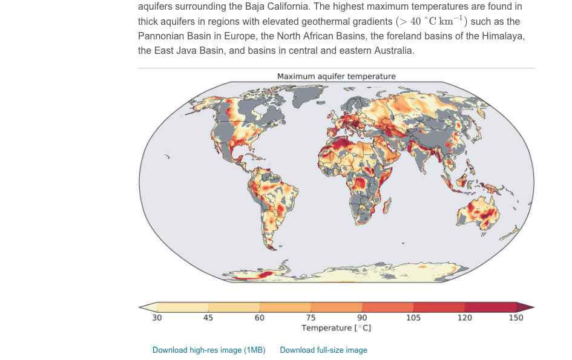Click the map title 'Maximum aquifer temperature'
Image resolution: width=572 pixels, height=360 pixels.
[x=336, y=76]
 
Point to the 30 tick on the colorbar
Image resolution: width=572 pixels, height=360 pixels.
[x=157, y=318]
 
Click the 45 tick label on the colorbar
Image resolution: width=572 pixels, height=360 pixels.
[x=208, y=318]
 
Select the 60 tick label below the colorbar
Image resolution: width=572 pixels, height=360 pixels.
[x=259, y=318]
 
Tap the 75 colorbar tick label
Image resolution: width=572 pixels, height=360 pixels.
[x=311, y=318]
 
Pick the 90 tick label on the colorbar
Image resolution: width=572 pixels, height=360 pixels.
[x=362, y=318]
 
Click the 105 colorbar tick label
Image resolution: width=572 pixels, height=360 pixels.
[x=413, y=318]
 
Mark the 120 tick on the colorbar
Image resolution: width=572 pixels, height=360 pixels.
[x=464, y=318]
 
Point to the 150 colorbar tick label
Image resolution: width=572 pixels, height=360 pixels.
[x=516, y=318]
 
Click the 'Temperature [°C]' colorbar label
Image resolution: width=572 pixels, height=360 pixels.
[x=336, y=327]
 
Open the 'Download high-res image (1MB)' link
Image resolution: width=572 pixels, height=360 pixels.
[x=209, y=350]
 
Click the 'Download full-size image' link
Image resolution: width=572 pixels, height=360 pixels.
[x=323, y=350]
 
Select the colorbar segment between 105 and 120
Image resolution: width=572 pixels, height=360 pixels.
[x=439, y=307]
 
